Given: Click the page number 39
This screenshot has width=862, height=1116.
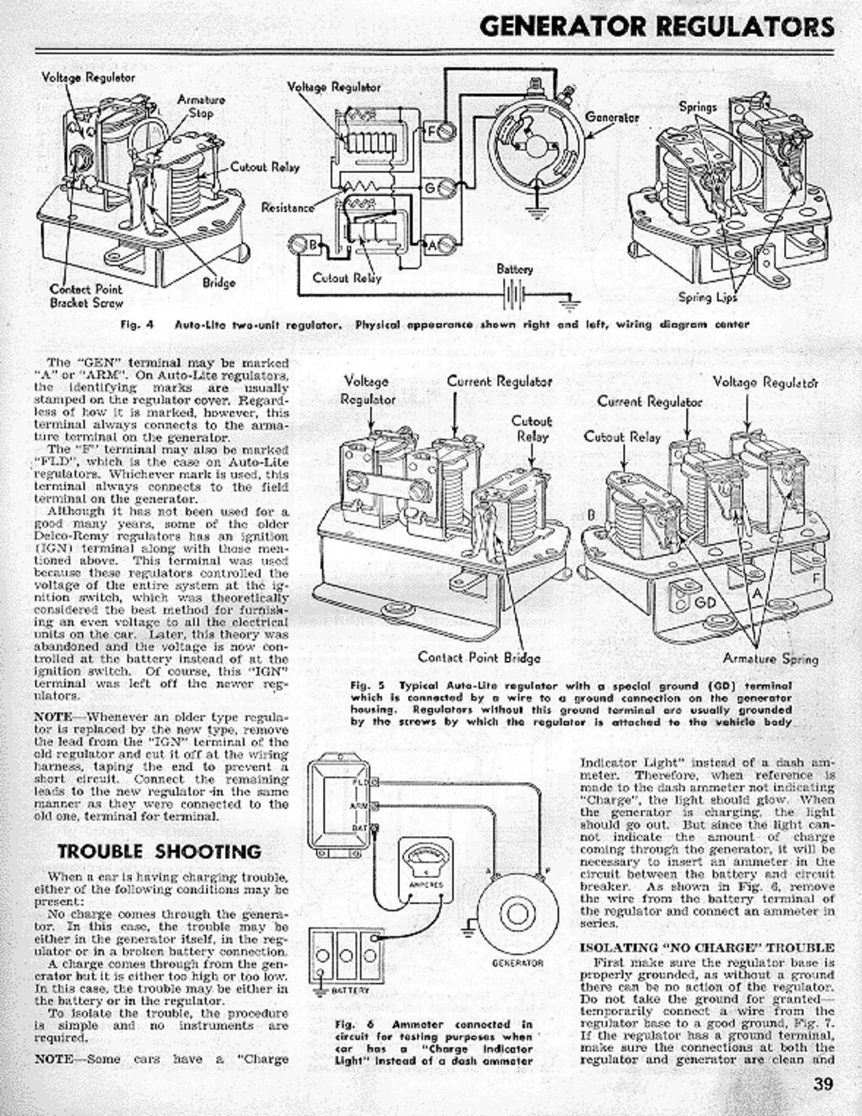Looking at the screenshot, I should pyautogui.click(x=823, y=1084).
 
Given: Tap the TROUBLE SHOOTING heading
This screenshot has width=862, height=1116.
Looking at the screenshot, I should pyautogui.click(x=160, y=851).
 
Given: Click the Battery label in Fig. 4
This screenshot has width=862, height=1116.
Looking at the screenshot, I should pyautogui.click(x=515, y=269).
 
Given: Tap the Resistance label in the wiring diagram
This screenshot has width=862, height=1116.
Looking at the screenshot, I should pyautogui.click(x=288, y=207).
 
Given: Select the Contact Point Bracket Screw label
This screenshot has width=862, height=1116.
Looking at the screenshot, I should pyautogui.click(x=86, y=295).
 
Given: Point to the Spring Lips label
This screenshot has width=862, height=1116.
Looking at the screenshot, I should pyautogui.click(x=708, y=297).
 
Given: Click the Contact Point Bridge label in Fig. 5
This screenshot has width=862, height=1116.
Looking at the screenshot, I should pyautogui.click(x=479, y=657).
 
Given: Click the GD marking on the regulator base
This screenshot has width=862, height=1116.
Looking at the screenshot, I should pyautogui.click(x=705, y=600).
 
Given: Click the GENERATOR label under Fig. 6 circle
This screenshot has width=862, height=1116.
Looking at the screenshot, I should pyautogui.click(x=517, y=963).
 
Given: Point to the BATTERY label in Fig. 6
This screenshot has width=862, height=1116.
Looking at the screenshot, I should pyautogui.click(x=350, y=990).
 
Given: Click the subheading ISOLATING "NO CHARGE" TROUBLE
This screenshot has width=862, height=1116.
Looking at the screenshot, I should pyautogui.click(x=707, y=948).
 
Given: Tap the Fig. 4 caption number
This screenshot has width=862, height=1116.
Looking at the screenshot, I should pyautogui.click(x=137, y=324).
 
